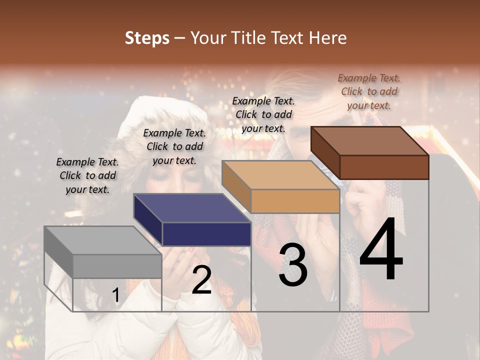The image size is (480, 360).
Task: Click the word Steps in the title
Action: [147, 38]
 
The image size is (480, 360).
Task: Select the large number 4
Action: [381, 250]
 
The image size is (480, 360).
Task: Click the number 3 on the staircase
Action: [293, 265]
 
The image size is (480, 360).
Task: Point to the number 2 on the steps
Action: [201, 280]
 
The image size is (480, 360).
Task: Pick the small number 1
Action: [116, 295]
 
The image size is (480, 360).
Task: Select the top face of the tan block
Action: [280, 175]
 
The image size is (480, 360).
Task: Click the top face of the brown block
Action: [370, 141]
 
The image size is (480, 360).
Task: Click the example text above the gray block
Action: [87, 175]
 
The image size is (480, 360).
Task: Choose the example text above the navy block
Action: [174, 146]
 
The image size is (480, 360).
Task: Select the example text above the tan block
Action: [263, 114]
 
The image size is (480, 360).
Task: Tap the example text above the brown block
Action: [369, 91]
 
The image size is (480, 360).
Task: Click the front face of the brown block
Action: [384, 167]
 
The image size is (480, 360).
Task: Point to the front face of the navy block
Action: [206, 234]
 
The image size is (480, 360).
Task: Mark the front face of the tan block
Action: [295, 201]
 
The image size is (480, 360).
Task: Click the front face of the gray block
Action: [117, 266]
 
